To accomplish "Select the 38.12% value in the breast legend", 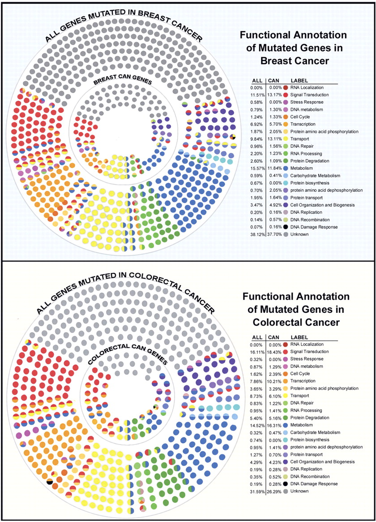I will [x=257, y=234].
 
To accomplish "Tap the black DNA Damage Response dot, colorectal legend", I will [x=285, y=484].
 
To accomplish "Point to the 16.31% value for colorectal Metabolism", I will [x=275, y=425].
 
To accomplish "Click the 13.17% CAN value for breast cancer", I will [x=275, y=95].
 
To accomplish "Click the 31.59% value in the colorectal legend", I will [x=257, y=491].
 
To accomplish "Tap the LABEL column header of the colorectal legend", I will [x=299, y=337].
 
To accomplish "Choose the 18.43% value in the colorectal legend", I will [x=275, y=352].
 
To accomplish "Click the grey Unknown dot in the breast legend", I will [x=285, y=234].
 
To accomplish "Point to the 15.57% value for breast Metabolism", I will [x=257, y=168].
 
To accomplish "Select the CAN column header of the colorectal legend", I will [x=274, y=337].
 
